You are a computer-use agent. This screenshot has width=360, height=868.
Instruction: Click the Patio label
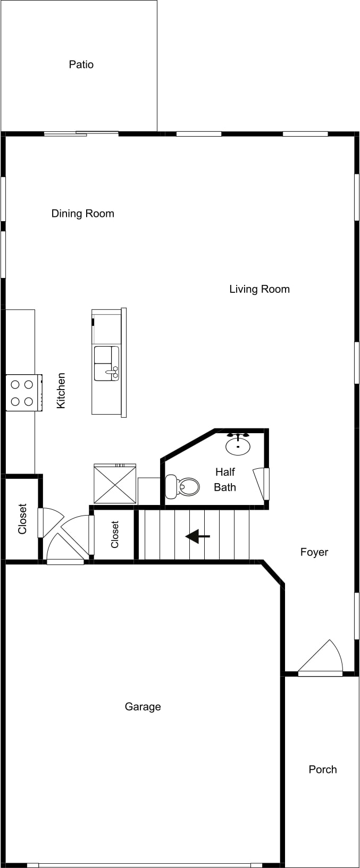[x=81, y=64]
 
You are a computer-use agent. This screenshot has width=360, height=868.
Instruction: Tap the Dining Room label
[x=82, y=214]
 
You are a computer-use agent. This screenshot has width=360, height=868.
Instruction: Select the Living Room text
[x=259, y=289]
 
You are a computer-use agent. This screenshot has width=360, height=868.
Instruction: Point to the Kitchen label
[x=61, y=390]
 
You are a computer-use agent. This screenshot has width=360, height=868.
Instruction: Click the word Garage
[x=143, y=707]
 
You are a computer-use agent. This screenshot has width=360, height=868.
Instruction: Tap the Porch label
[x=322, y=769]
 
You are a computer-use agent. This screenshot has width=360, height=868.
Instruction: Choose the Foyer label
[x=314, y=552]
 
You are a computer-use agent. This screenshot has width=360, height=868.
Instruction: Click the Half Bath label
[x=225, y=479]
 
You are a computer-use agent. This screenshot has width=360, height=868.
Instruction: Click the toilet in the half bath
[x=182, y=486]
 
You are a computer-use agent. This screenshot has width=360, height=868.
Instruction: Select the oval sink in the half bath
[x=238, y=444]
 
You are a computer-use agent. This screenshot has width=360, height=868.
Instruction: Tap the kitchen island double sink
[x=106, y=363]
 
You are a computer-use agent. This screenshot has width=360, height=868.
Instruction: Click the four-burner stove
[x=24, y=392]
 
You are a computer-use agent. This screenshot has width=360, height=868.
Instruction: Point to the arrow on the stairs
[x=198, y=536]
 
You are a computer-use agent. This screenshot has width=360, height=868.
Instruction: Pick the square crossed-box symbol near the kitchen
[x=115, y=484]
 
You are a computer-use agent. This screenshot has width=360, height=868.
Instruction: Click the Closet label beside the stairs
[x=115, y=534]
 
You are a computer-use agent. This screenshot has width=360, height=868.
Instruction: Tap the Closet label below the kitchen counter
[x=22, y=519]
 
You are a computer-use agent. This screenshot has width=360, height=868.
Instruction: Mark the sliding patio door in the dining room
[x=81, y=134]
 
